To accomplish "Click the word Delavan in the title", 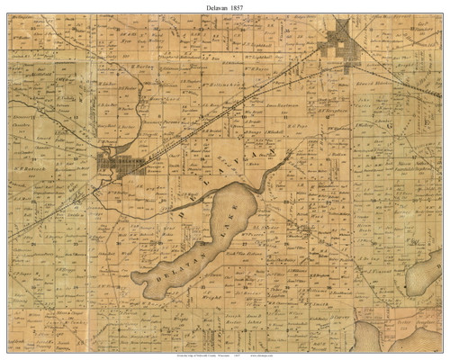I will click(x=210, y=6).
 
